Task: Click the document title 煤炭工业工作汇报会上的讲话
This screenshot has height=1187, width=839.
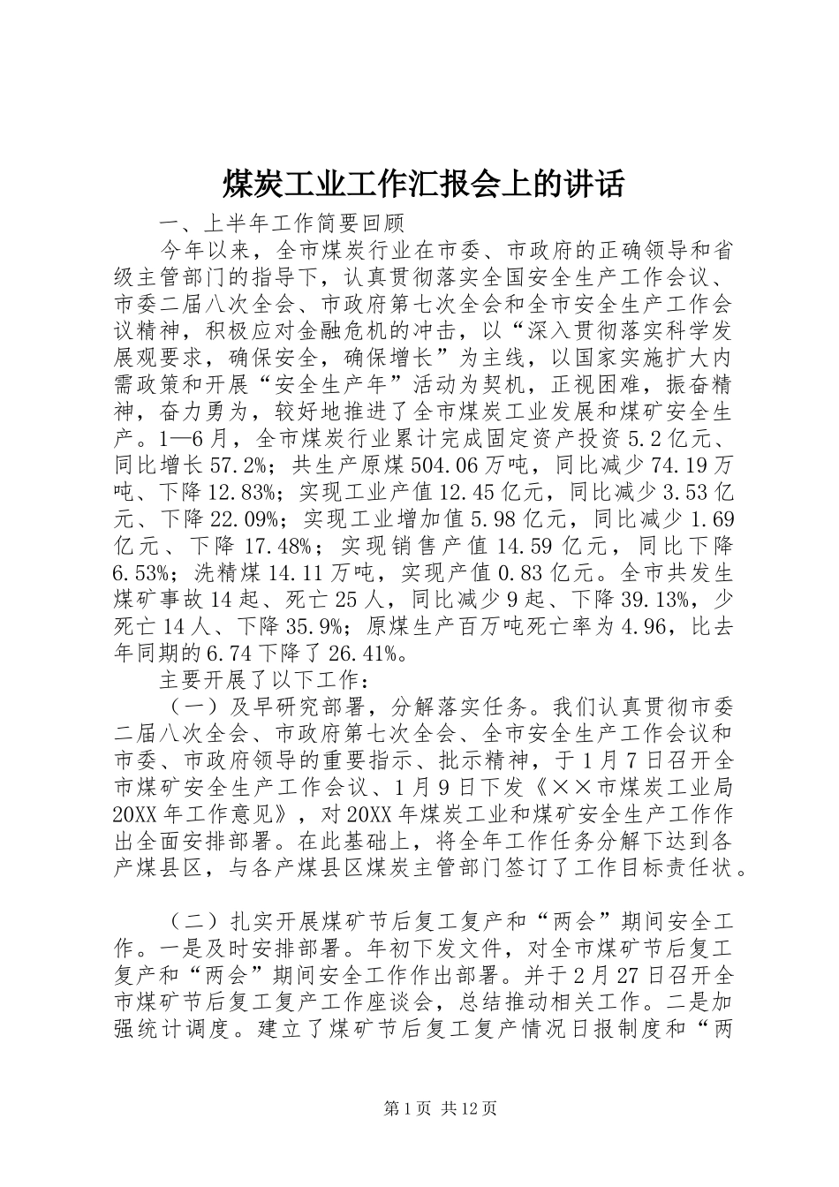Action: (422, 185)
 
